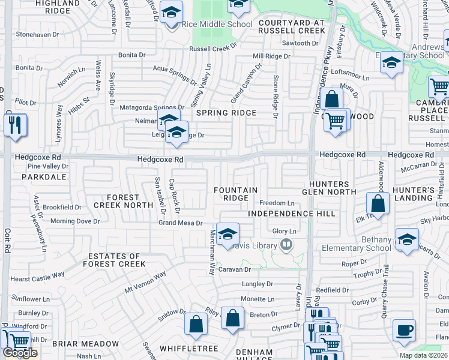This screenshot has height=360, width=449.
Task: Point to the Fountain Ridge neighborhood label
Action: coord(236,194)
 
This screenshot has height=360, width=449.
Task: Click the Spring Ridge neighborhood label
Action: coord(226,113)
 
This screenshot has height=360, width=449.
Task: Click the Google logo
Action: coord(20,353)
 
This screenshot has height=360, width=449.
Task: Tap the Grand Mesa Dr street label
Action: coord(183,223)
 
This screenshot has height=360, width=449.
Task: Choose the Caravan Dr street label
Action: coord(234,270)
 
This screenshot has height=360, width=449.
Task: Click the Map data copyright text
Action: coord(423,355)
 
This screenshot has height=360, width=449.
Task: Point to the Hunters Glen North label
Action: coord(329,188)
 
